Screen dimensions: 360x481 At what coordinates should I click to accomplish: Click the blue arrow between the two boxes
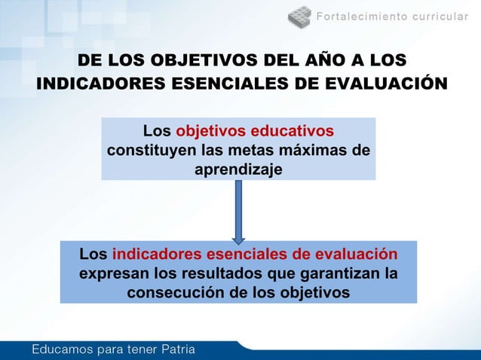[238, 210]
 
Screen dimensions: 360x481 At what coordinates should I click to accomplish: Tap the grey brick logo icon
[299, 15]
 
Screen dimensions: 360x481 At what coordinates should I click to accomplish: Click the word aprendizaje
[238, 170]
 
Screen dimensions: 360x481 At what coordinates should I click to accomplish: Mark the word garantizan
[335, 272]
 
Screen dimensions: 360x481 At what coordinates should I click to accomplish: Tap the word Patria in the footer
[174, 349]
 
